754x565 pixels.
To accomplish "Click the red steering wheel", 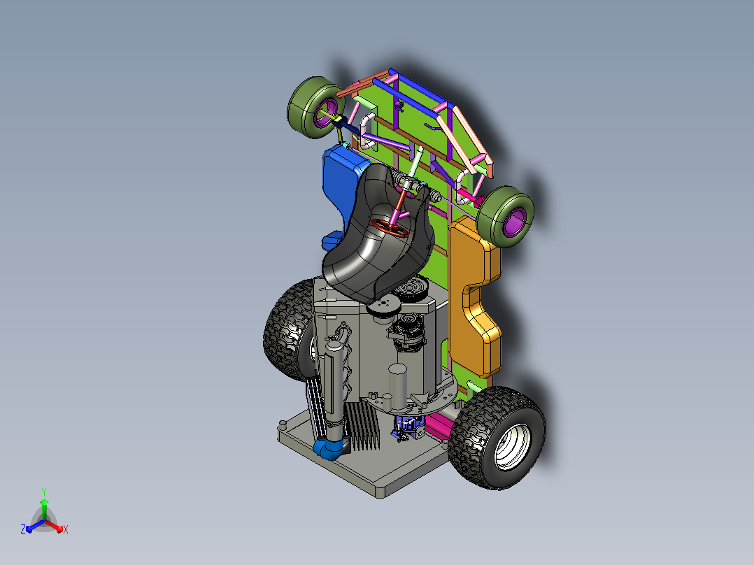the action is coord(390,228).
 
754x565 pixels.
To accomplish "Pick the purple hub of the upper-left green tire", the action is coord(323,113).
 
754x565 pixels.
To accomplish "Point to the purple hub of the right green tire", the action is coord(513,223).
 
